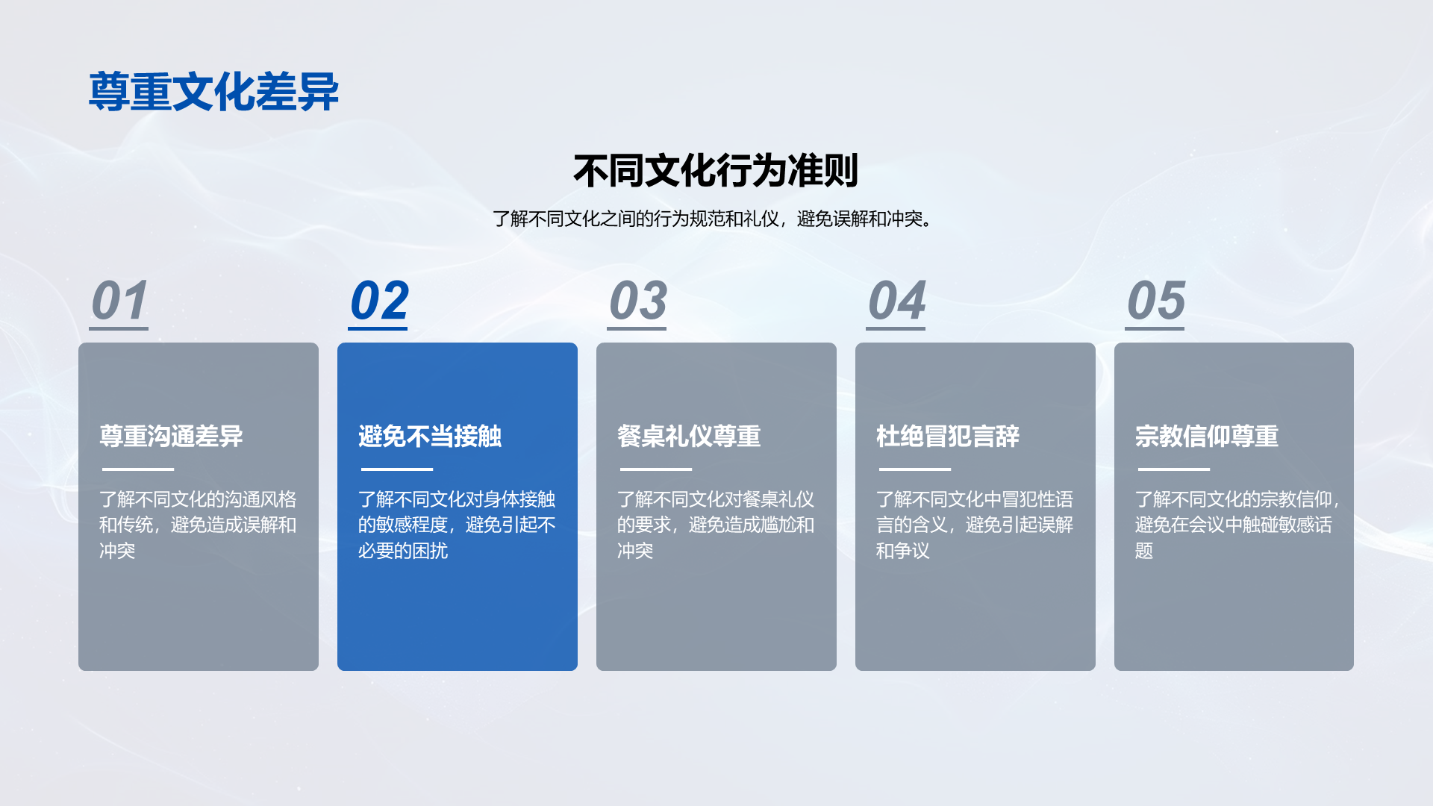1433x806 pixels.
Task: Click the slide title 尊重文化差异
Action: (x=214, y=92)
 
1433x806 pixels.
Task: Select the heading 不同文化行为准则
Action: (x=716, y=171)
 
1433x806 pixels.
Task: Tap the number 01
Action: (x=119, y=301)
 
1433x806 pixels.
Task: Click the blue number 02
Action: (x=379, y=301)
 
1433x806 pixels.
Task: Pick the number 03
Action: (x=638, y=301)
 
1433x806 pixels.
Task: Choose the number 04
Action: (x=896, y=301)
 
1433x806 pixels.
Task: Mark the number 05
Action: (x=1156, y=301)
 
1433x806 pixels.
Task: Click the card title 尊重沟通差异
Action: (x=171, y=436)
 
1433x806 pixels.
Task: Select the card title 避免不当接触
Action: (x=430, y=436)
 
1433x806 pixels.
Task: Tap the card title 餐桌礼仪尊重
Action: (x=689, y=436)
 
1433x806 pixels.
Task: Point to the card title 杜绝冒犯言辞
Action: (x=948, y=436)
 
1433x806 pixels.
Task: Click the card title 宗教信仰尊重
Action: (x=1207, y=436)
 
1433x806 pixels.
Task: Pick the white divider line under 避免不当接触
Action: (x=397, y=469)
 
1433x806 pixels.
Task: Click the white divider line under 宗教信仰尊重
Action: (x=1174, y=469)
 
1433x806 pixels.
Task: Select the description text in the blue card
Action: (x=457, y=525)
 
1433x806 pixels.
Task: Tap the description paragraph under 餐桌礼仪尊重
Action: (x=716, y=525)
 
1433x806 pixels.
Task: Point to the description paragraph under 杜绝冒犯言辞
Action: (x=975, y=525)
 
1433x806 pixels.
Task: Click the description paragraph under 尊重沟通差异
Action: (x=198, y=525)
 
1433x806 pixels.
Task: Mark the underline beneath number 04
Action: (x=896, y=328)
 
